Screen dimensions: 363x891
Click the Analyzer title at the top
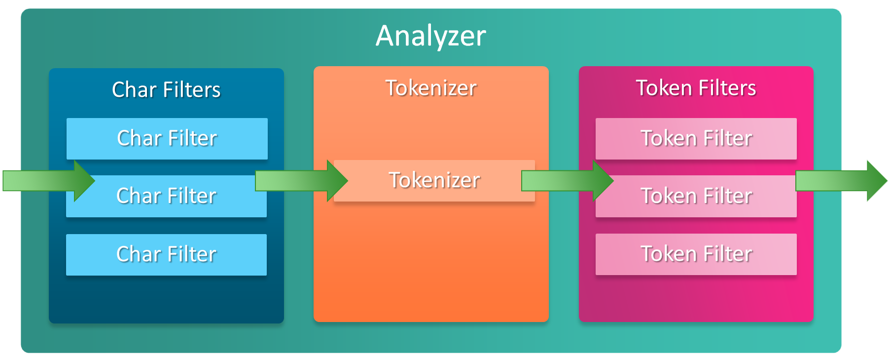tap(430, 36)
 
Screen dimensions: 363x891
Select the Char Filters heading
tap(166, 90)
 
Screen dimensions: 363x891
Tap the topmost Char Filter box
tap(167, 138)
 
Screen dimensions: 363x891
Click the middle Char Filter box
tap(166, 196)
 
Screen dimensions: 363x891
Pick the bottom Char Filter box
tap(166, 254)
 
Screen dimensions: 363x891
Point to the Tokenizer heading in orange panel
tap(431, 88)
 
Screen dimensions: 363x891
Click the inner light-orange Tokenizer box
tap(434, 180)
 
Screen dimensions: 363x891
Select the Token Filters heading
tap(696, 88)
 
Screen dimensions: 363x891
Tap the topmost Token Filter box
tap(696, 138)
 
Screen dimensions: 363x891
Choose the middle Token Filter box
tap(696, 196)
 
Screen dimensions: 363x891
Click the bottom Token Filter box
tap(696, 254)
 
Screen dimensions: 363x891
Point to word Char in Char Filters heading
tap(134, 90)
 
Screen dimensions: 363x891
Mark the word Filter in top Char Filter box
tap(192, 138)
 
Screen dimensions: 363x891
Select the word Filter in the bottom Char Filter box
tap(191, 254)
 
